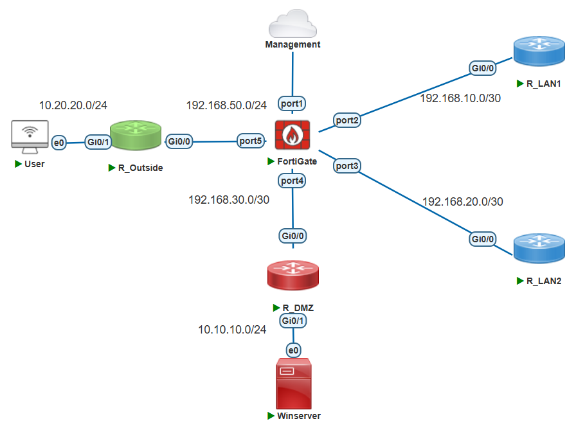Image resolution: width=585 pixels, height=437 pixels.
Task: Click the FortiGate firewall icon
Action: [292, 136]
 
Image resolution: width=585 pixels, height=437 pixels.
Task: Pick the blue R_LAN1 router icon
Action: [539, 53]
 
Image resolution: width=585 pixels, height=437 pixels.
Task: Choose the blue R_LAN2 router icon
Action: [539, 249]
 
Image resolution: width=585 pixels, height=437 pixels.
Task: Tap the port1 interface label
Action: [292, 103]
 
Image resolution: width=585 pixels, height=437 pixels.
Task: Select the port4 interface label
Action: [292, 181]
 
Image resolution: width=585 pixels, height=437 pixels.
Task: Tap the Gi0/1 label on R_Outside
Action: [98, 141]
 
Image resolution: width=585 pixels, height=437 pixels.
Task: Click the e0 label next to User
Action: [59, 142]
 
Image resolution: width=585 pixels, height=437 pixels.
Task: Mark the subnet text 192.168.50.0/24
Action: [226, 105]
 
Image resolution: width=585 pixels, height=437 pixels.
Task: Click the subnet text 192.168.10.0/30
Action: [460, 98]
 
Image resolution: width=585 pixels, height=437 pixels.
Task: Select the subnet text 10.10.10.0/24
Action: [232, 330]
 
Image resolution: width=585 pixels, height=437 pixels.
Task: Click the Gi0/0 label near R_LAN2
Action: [483, 239]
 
